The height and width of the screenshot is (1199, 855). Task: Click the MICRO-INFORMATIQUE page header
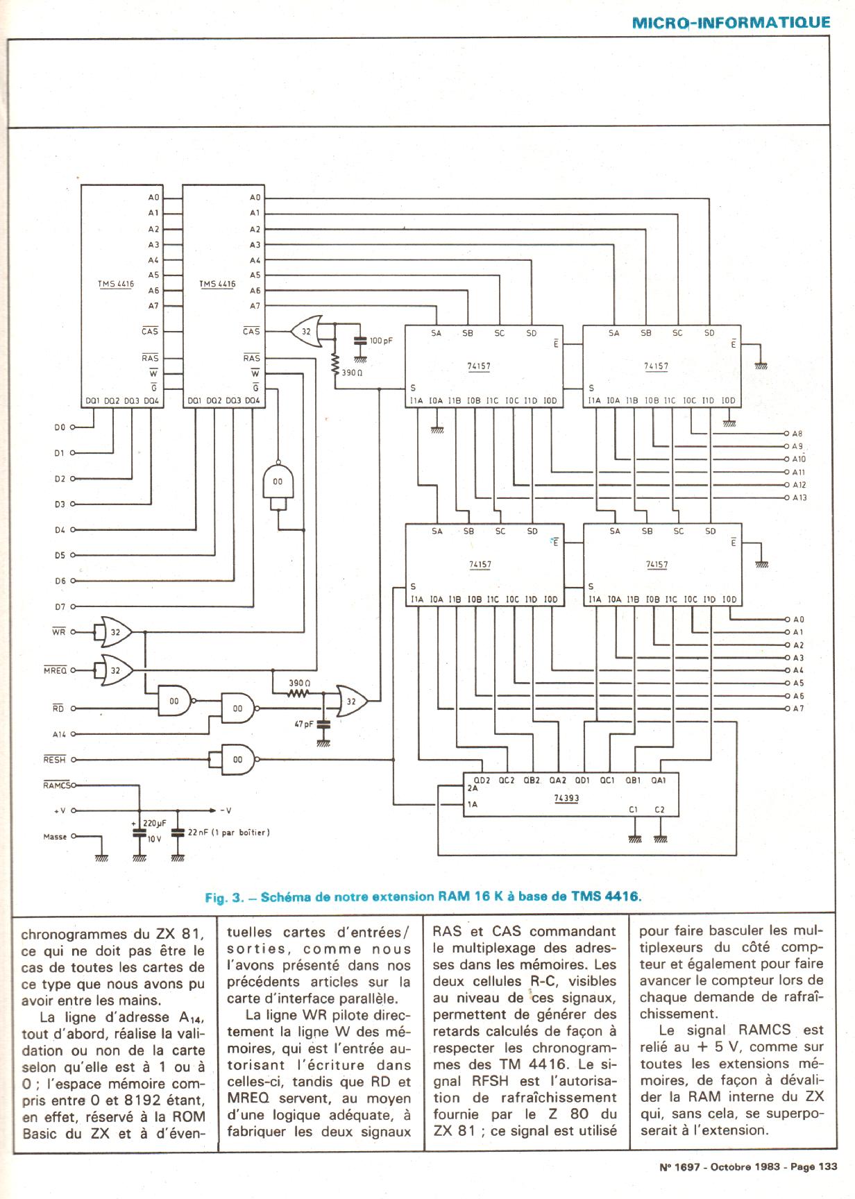tap(731, 22)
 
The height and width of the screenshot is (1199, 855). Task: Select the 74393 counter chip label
tap(566, 799)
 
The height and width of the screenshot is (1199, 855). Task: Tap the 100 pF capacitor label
tap(381, 341)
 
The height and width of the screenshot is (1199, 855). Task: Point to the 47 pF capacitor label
tap(303, 724)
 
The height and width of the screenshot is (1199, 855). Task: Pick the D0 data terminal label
tap(60, 427)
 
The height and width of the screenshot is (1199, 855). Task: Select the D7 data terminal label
tap(60, 607)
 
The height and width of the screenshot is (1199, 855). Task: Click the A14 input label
tap(59, 734)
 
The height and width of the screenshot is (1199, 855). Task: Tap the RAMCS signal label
tap(56, 785)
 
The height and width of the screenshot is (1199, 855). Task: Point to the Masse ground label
tap(55, 837)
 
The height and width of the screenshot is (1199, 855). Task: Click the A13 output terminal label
tap(799, 498)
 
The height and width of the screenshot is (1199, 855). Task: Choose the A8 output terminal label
tap(797, 434)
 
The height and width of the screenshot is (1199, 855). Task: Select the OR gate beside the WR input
tap(115, 632)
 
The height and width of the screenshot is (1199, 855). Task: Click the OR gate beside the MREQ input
tap(115, 670)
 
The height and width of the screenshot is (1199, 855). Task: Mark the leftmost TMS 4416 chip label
tap(116, 284)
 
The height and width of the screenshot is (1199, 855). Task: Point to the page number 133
tap(827, 1167)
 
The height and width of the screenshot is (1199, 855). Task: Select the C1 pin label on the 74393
tap(633, 810)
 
